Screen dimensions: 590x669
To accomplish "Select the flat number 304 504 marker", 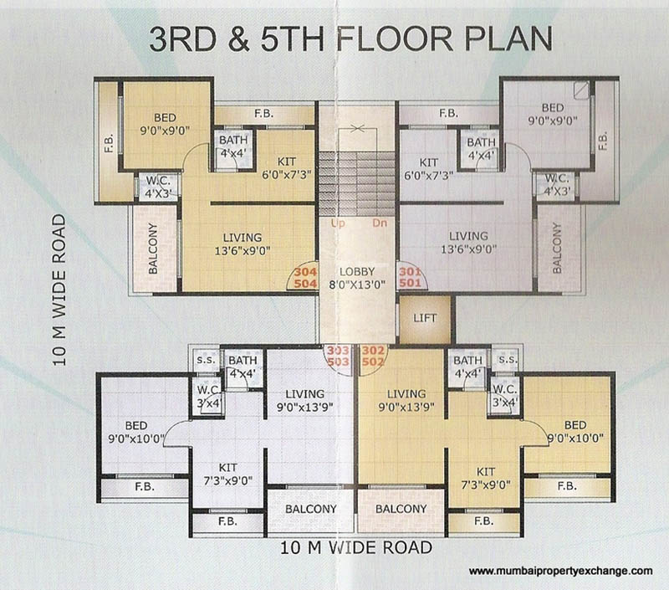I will coord(305,277).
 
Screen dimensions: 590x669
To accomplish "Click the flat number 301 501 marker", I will coord(411,277).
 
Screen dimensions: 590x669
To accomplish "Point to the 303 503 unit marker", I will coord(338,356).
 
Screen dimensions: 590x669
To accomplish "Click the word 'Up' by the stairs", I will coord(337,224).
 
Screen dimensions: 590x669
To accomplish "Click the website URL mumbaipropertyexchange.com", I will coord(559,571).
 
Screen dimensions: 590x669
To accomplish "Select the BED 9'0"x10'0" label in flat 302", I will coord(575,430).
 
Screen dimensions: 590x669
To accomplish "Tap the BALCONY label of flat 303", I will coord(310,509).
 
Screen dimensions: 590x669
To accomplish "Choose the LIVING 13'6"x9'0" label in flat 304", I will coord(243,244).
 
